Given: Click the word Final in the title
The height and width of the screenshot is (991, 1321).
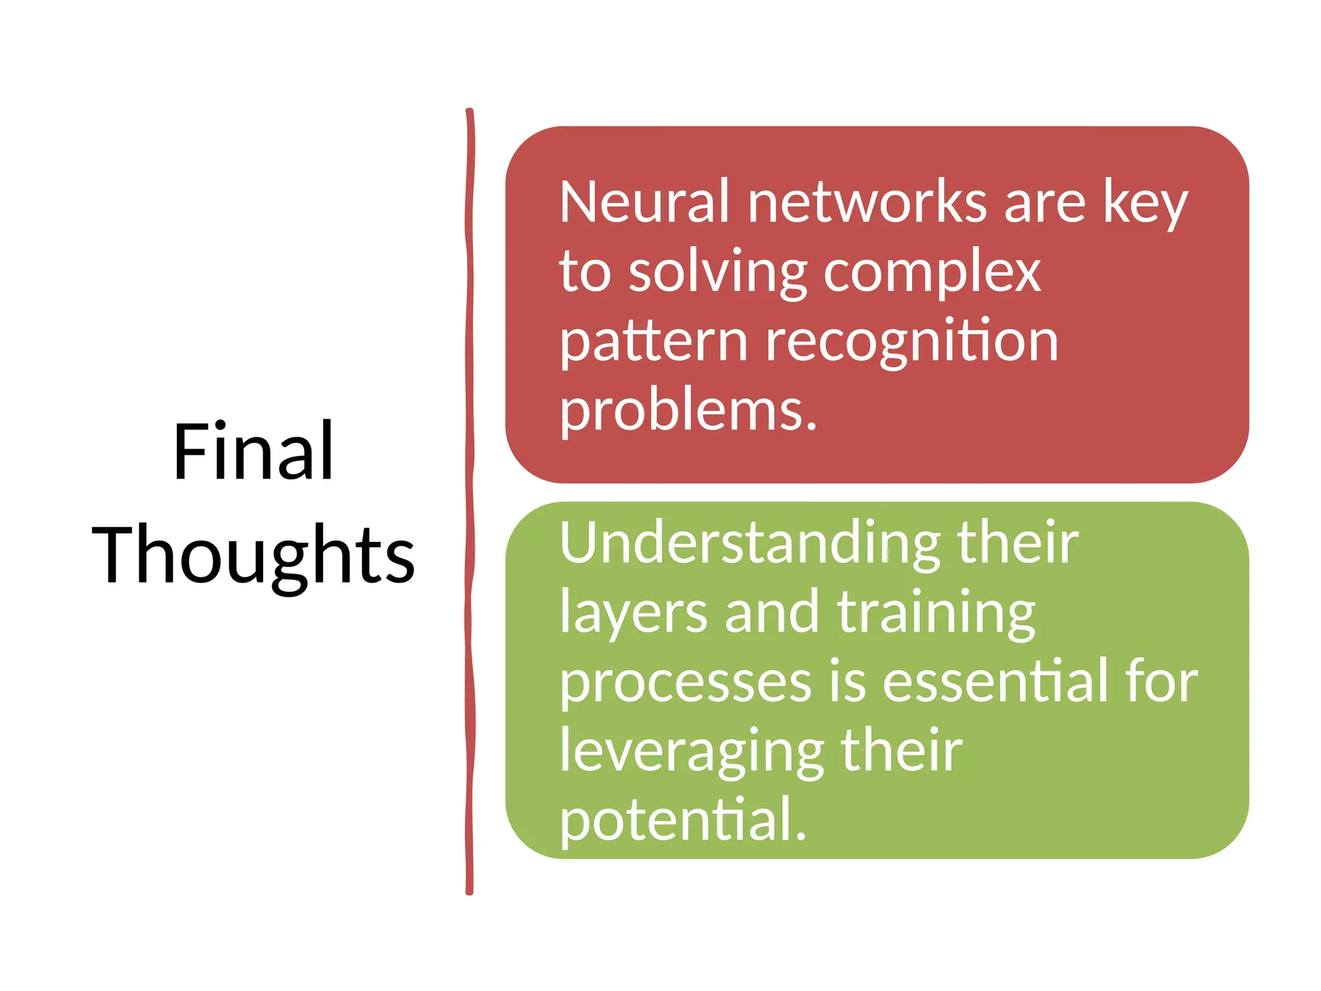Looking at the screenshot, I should coord(253,452).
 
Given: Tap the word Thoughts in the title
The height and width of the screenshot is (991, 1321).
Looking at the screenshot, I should coord(253,555).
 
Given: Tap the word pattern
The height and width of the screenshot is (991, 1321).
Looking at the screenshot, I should coord(653,342).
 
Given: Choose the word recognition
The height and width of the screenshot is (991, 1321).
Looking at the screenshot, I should coord(912,342).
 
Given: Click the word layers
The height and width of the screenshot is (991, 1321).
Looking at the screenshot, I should coord(633,613).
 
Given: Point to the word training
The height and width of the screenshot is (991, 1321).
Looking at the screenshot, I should coord(936,613).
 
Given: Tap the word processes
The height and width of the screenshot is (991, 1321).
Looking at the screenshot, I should coord(685,683).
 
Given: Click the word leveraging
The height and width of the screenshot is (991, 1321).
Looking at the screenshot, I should coord(691,752).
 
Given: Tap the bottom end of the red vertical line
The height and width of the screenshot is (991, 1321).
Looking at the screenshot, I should coord(470,891).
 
